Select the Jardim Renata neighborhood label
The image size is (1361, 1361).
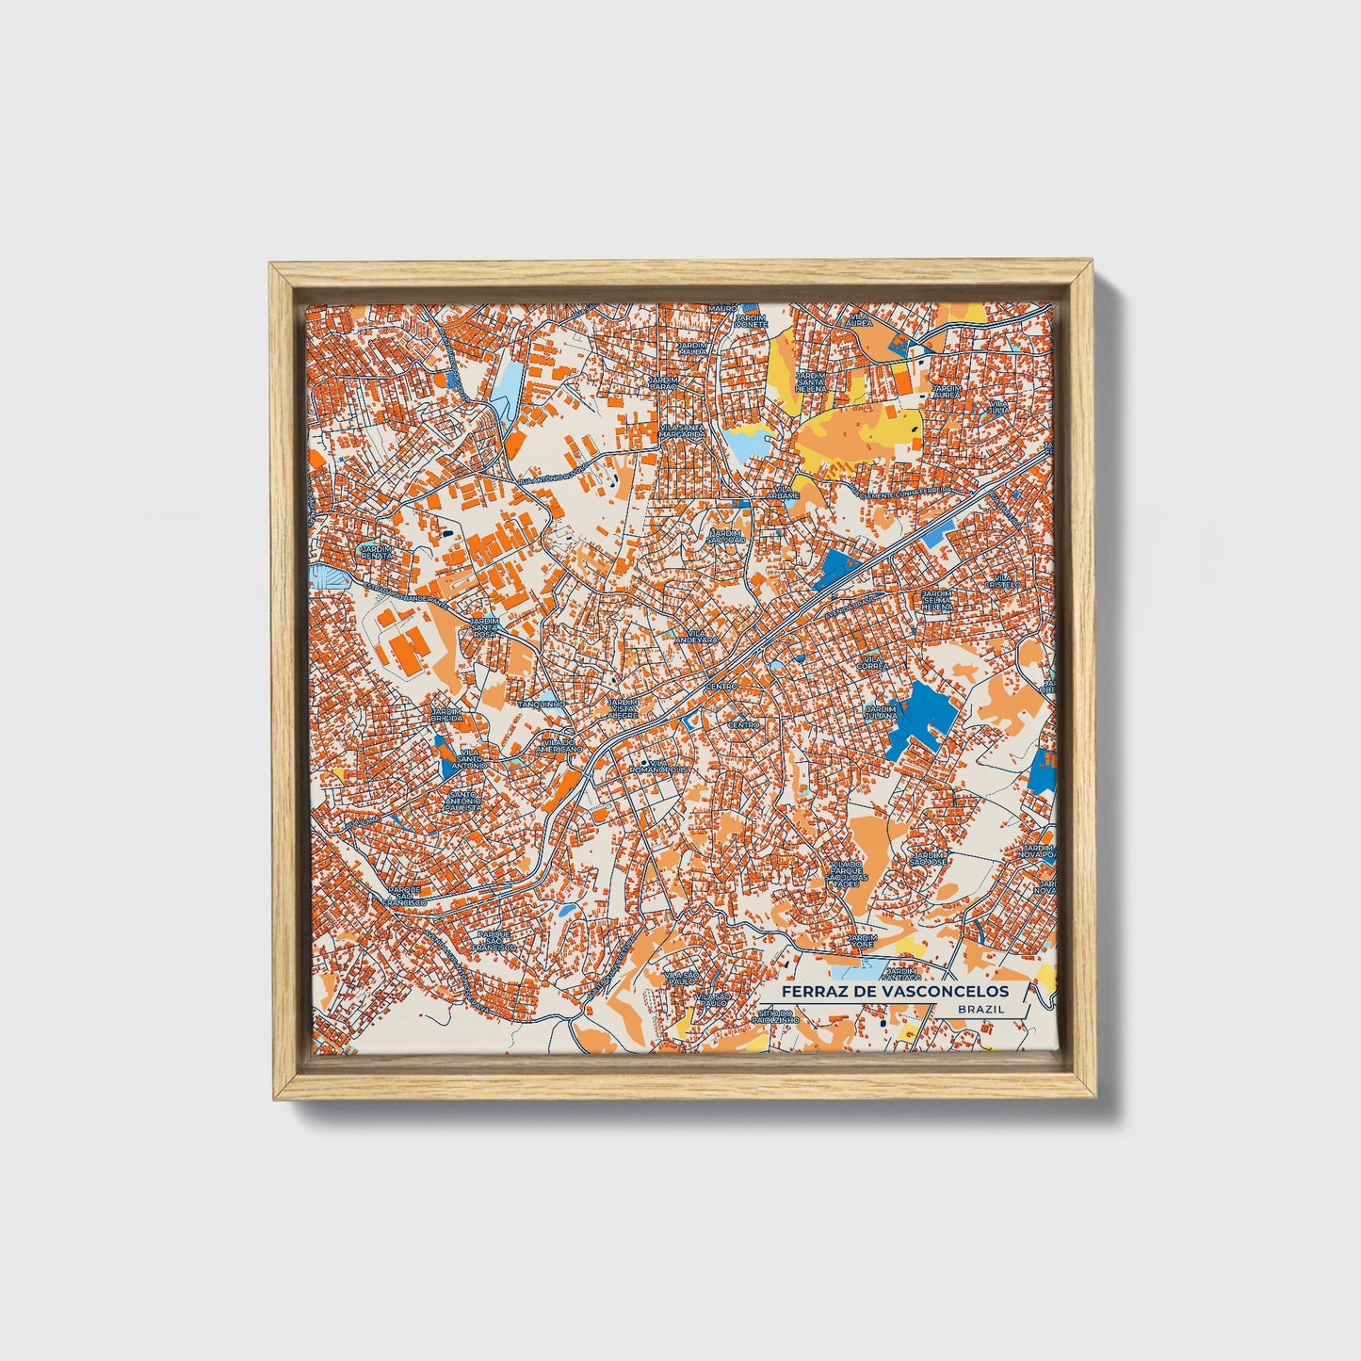coord(375,551)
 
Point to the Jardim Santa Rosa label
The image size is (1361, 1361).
coord(484,627)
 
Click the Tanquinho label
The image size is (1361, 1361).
coord(542,704)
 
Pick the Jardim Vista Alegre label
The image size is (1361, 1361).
coord(622,708)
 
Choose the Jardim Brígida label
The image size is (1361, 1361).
coord(446,714)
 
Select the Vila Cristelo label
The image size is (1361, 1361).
coord(1002,580)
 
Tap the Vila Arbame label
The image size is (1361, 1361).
coord(782,492)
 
